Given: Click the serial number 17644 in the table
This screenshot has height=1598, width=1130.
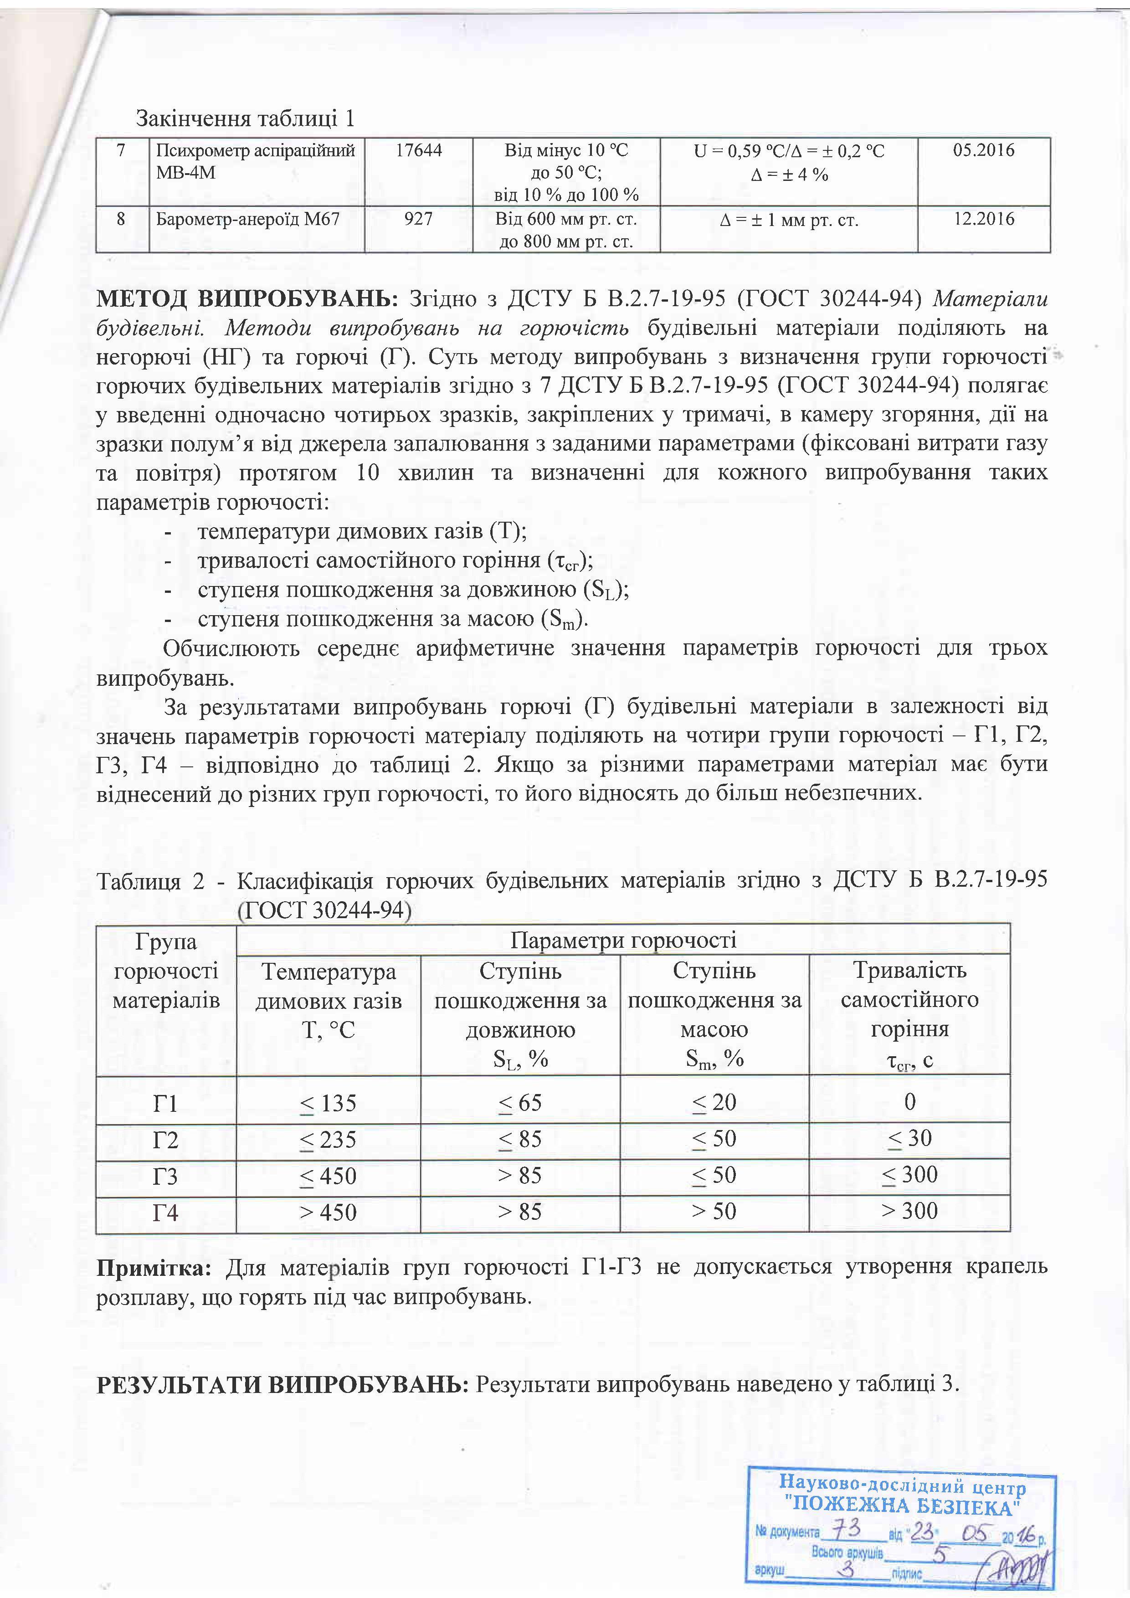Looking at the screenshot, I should tap(419, 150).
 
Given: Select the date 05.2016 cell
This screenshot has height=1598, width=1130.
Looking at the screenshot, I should tap(983, 150).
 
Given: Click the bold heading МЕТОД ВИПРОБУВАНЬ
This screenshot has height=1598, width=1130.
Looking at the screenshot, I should tap(247, 299).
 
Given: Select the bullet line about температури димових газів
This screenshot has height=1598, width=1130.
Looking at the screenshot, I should tap(362, 532).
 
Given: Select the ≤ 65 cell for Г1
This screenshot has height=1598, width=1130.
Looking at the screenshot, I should tap(520, 1103).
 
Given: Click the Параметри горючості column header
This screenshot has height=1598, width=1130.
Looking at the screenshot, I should tap(623, 940).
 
